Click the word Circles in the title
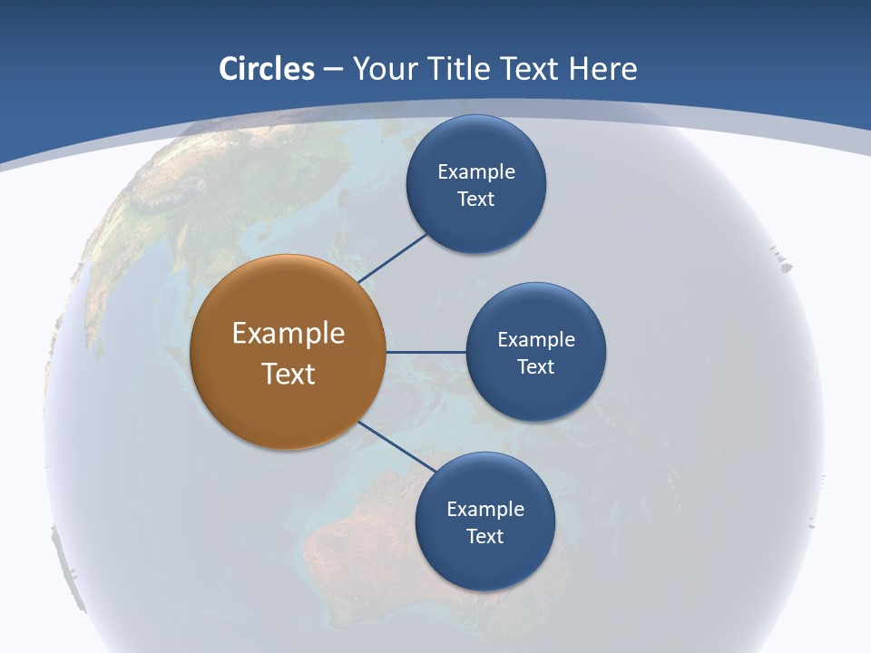[266, 69]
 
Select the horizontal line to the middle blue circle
[426, 352]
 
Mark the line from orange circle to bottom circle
[397, 446]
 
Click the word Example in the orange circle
[289, 334]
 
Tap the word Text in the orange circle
[289, 374]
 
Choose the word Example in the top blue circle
[476, 172]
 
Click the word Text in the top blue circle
[476, 200]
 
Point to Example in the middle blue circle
[536, 340]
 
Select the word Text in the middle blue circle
[536, 367]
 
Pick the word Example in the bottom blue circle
[485, 510]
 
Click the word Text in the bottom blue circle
[485, 537]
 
